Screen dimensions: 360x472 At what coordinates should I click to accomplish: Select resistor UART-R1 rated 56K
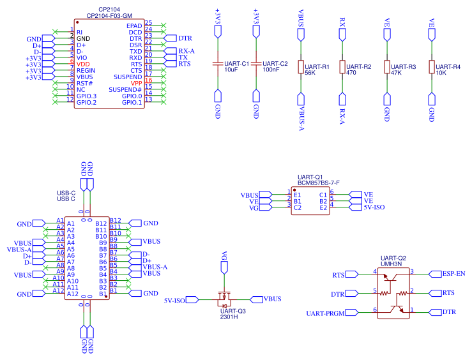click(300, 68)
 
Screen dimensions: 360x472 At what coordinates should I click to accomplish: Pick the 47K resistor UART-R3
click(386, 68)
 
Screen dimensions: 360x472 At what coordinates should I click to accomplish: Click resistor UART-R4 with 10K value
click(431, 68)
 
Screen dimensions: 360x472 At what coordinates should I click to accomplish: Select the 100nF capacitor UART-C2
click(256, 64)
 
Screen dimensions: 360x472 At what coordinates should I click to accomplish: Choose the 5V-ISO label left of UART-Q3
click(174, 299)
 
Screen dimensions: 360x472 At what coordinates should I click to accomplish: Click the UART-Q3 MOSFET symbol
click(224, 297)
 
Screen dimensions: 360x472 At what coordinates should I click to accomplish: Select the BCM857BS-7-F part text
click(319, 183)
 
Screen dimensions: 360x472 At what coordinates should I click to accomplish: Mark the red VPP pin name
click(136, 83)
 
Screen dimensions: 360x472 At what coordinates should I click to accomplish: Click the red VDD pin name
click(83, 64)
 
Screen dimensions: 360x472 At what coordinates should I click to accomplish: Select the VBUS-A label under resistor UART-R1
click(301, 117)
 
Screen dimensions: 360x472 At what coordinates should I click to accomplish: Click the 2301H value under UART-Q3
click(229, 317)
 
